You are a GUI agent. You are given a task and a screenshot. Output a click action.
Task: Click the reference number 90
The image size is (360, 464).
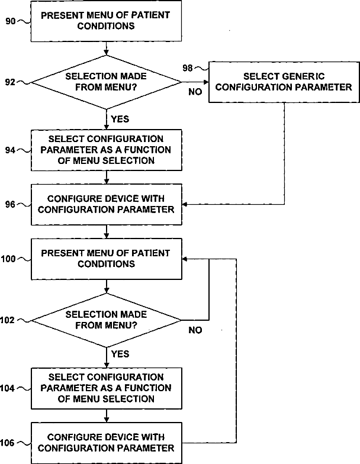11,21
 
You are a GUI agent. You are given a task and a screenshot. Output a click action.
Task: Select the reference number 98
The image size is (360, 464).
187,68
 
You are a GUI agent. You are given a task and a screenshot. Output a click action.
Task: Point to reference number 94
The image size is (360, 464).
10,150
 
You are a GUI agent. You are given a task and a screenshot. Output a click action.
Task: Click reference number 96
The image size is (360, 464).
10,205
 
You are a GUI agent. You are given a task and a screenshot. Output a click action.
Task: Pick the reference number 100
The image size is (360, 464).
8,259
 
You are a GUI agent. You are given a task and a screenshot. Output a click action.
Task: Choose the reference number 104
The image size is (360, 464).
7,388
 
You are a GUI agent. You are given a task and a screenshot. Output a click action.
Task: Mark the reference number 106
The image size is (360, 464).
7,443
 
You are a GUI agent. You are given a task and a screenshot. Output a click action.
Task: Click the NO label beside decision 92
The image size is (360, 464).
195,92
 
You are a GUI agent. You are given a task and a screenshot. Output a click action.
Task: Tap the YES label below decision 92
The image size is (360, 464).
120,119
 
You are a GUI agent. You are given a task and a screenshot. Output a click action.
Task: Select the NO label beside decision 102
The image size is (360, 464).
195,330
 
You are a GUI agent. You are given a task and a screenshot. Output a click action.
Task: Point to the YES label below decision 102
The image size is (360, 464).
120,354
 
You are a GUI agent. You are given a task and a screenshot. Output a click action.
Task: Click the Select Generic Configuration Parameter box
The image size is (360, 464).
284,82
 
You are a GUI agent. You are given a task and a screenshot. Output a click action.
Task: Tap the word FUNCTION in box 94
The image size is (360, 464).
147,150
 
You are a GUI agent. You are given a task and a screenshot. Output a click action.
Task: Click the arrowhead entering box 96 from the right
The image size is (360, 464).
185,205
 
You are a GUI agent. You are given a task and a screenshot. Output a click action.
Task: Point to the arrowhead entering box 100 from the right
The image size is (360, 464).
185,259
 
